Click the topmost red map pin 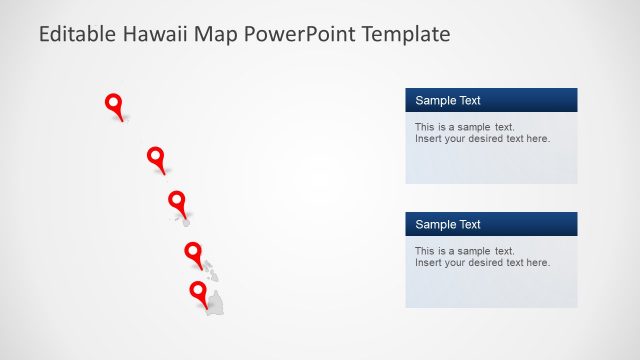click(114, 103)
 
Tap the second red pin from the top click(155, 156)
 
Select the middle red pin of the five click(177, 200)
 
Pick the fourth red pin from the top click(193, 250)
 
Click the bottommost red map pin click(199, 292)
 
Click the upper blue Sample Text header click(491, 100)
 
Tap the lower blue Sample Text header click(491, 224)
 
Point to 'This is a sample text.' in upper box click(464, 127)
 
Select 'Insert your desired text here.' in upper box click(482, 139)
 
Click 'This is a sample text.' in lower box click(464, 251)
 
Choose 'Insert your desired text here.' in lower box click(482, 263)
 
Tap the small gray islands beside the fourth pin click(210, 270)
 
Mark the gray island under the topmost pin click(123, 119)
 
